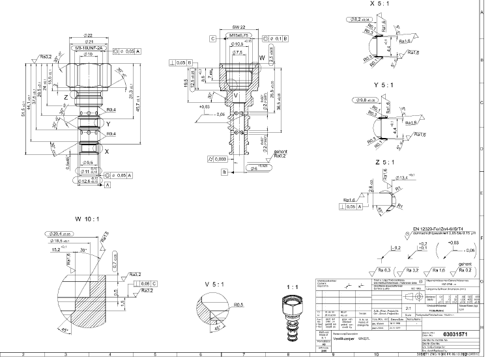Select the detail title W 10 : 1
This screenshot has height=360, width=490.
[87, 219]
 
